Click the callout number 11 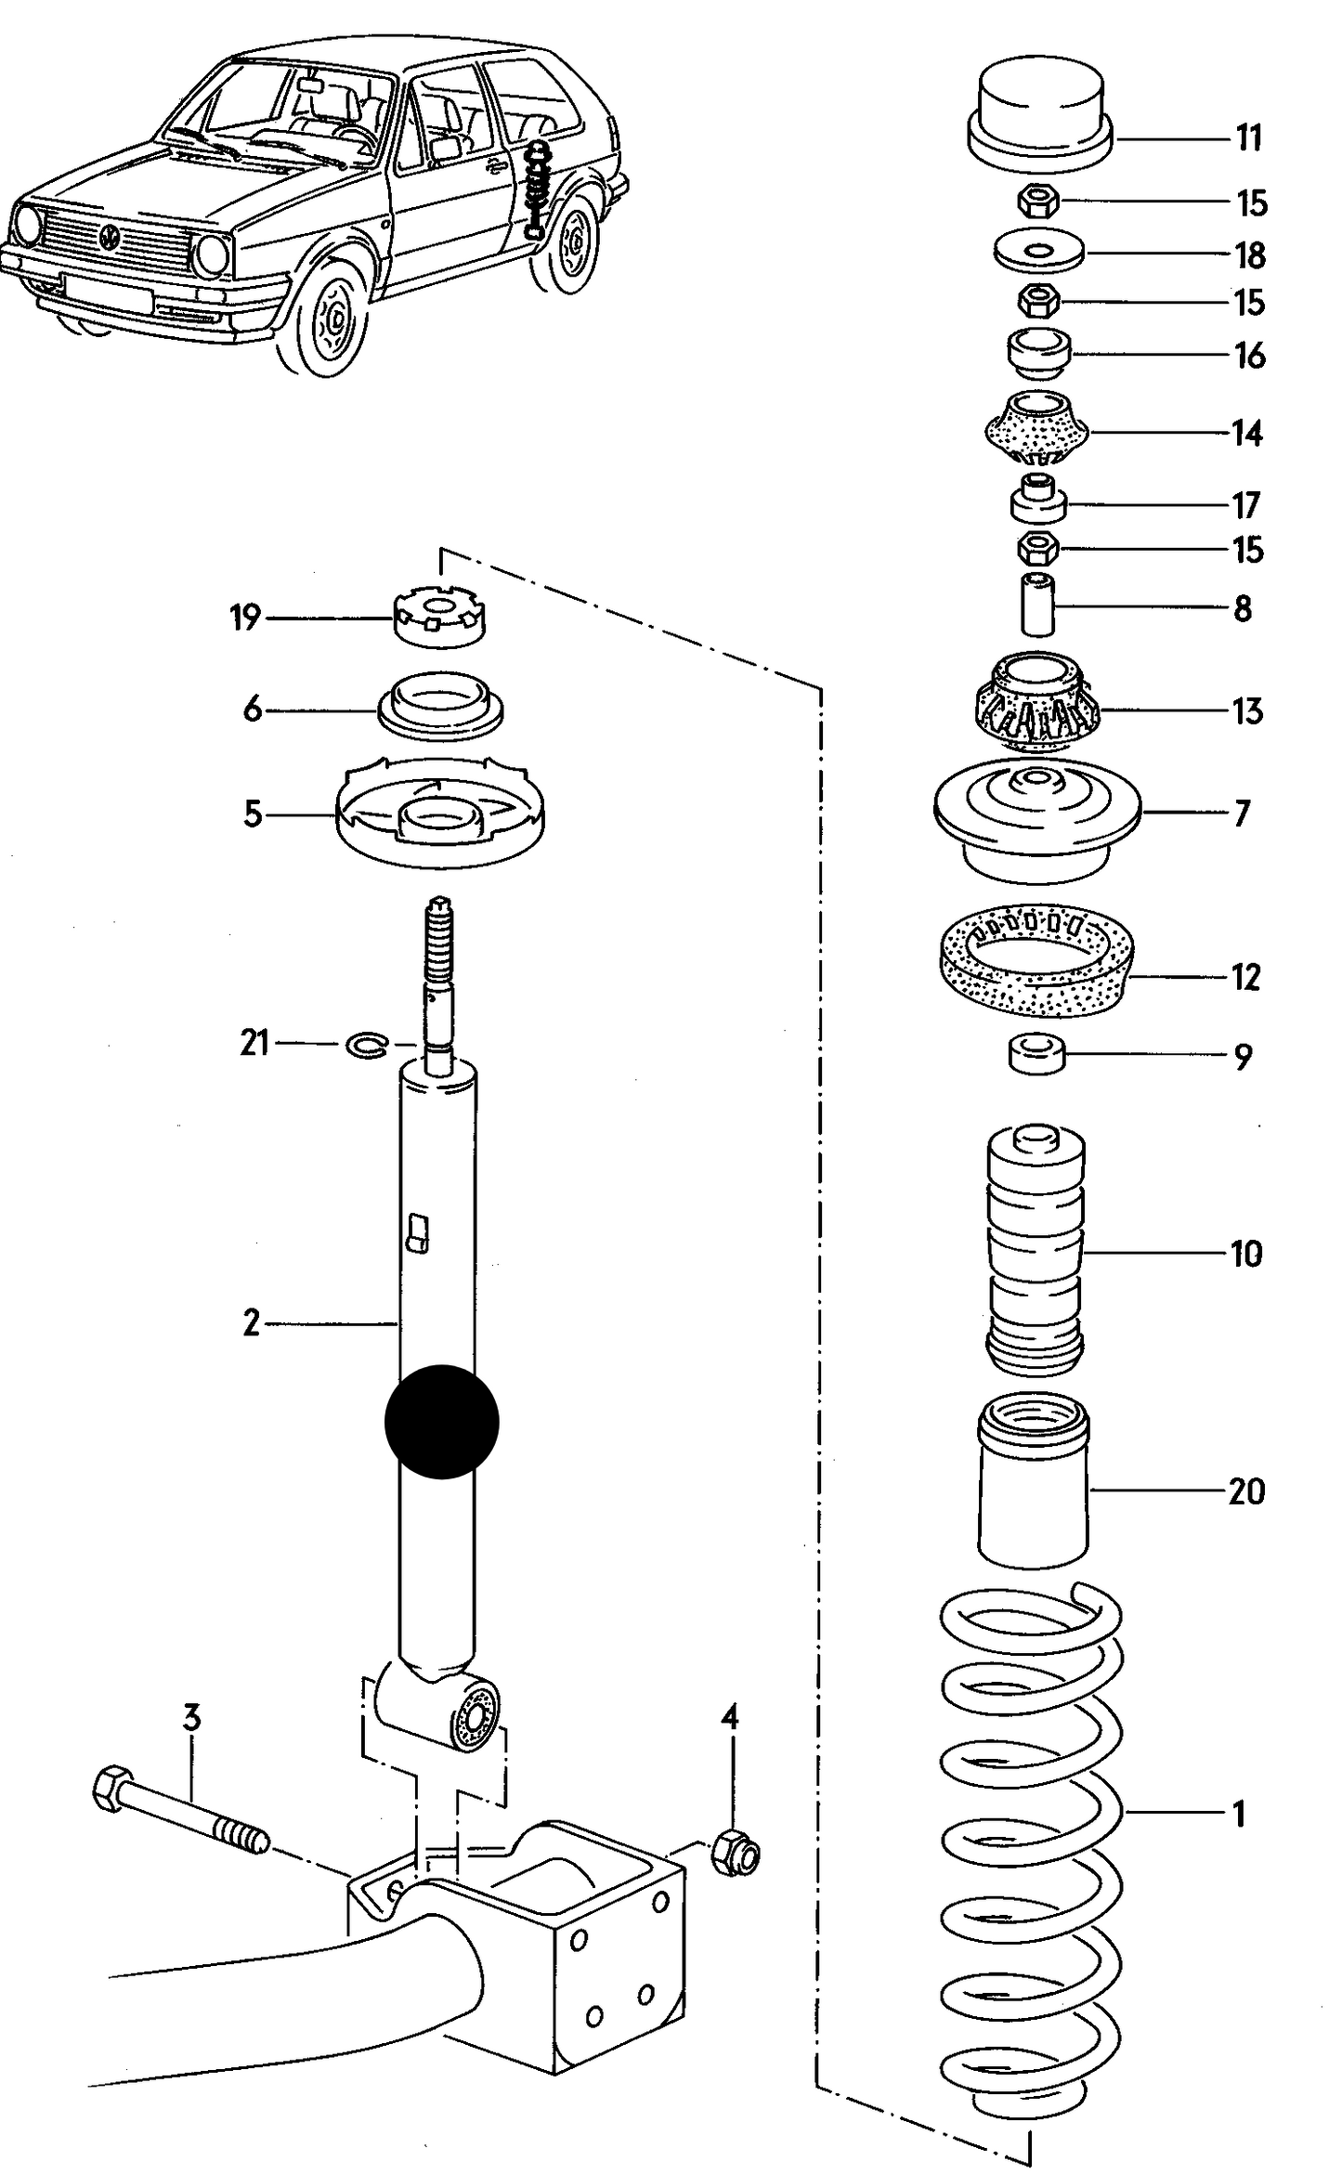(1249, 138)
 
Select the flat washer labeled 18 (1038, 251)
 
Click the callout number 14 (1247, 433)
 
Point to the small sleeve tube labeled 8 (1037, 605)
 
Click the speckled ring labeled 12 (1035, 961)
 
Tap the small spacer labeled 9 (1036, 1056)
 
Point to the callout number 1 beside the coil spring (1238, 1812)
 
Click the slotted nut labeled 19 (441, 618)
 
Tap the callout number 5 (253, 814)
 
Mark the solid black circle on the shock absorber (441, 1421)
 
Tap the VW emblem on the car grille (111, 237)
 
